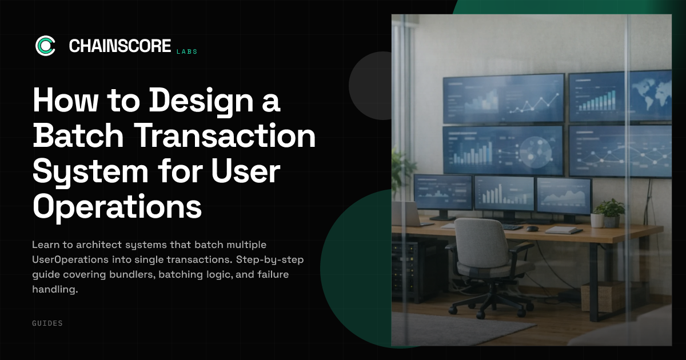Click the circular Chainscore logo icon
coord(45,46)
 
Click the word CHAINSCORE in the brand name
coord(120,46)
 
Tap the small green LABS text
coord(187,52)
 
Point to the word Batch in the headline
coord(78,135)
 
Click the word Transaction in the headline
coord(225,135)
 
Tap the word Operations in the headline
coord(117,207)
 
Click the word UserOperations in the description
coord(70,259)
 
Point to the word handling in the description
coord(55,289)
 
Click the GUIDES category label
coord(47,323)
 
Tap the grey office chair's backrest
coord(480,241)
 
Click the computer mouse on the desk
coord(532,229)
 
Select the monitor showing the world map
coord(620,97)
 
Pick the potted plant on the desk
coord(610,213)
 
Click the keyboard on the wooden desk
coord(512,227)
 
